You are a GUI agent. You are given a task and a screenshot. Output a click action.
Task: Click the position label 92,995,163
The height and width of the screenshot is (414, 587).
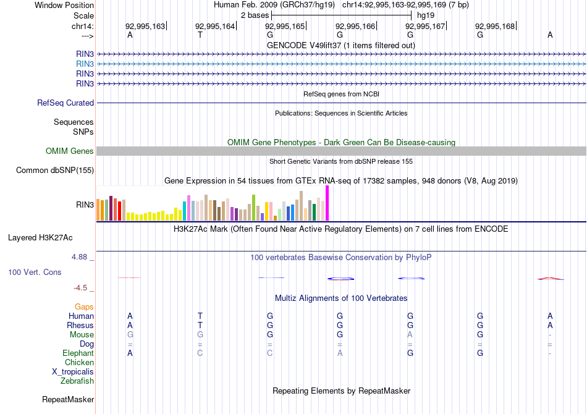145,27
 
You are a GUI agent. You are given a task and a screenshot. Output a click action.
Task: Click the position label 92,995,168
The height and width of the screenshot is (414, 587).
495,27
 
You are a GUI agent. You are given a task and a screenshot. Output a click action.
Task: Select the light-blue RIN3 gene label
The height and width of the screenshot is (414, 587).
85,64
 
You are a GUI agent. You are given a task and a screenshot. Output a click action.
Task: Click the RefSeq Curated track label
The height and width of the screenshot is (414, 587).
65,103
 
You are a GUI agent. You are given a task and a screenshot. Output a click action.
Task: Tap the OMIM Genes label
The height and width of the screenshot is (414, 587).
70,151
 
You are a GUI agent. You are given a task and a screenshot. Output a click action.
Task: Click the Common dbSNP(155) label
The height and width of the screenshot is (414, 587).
55,171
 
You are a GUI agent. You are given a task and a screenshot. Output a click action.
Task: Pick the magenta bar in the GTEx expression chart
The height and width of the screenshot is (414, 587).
327,203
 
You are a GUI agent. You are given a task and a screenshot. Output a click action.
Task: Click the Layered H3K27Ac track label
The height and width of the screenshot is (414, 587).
40,237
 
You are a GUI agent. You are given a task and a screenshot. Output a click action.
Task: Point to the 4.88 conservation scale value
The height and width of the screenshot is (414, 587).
82,256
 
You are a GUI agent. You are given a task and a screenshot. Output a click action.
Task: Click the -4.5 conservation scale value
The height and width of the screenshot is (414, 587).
82,287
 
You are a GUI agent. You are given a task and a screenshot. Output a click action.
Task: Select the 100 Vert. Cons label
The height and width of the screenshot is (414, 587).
35,272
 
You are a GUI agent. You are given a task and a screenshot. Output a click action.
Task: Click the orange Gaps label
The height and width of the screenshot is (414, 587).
84,306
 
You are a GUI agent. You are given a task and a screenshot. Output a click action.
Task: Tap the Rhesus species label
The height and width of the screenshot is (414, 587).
80,325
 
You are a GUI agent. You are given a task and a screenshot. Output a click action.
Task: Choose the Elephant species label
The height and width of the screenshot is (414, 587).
78,353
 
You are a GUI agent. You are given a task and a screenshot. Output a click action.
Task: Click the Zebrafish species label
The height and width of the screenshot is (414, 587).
77,381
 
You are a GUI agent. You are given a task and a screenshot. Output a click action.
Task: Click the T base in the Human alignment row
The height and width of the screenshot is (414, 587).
200,316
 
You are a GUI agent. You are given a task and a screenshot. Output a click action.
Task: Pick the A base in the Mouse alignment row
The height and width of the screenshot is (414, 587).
410,334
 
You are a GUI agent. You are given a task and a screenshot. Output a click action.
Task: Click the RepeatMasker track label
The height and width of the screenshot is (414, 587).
67,400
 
